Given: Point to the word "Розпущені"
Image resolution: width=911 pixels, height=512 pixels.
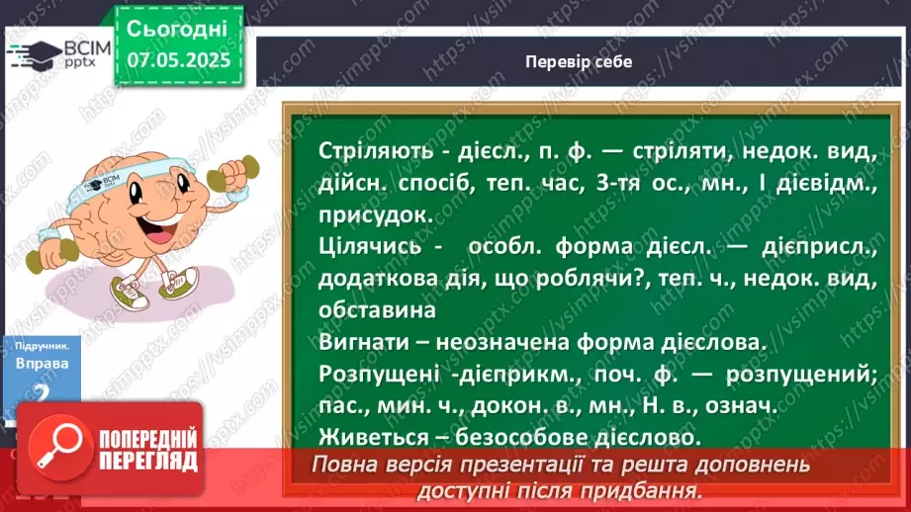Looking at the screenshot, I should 371,374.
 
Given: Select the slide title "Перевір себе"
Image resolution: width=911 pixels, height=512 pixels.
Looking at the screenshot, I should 580,61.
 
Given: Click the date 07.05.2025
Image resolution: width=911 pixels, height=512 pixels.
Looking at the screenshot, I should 179,59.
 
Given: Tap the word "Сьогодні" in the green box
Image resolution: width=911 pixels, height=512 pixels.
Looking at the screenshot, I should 178,27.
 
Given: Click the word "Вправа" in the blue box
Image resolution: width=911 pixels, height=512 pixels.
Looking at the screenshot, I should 43,363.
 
